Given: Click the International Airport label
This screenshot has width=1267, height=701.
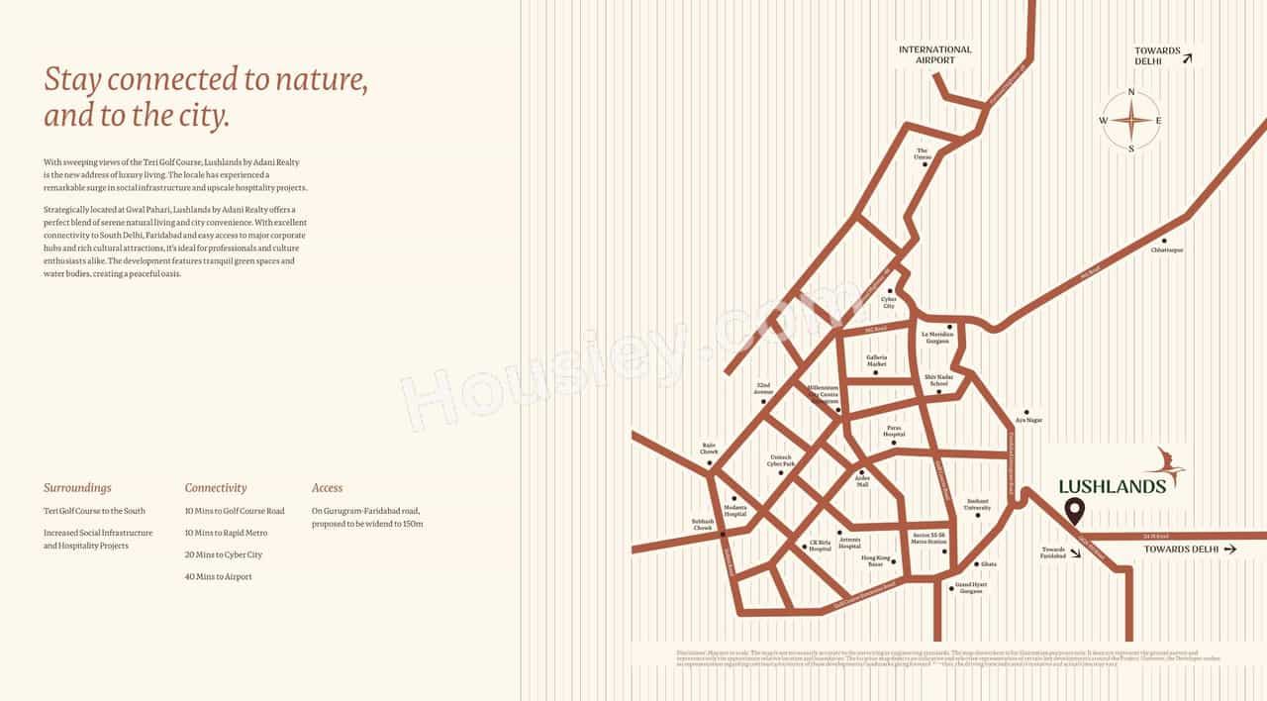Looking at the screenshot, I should [x=934, y=54].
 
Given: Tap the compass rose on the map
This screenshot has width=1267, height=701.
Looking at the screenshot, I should [x=1131, y=121].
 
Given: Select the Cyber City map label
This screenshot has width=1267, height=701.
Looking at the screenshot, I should [x=888, y=302].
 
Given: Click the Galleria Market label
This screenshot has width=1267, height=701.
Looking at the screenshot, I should [x=876, y=360].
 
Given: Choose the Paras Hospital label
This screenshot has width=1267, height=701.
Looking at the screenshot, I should [x=894, y=433].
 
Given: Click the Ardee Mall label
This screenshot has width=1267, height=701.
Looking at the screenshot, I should [x=862, y=481].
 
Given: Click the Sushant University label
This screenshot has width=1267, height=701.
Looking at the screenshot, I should [x=977, y=505].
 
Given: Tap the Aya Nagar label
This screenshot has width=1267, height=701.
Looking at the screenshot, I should [x=1029, y=420].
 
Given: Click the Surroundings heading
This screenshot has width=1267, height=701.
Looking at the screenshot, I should [x=77, y=488].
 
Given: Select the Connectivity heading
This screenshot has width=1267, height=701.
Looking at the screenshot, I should [x=216, y=488].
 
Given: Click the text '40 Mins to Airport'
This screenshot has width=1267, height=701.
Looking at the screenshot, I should [x=218, y=576].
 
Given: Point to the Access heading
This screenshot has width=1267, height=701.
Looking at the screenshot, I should [x=327, y=488].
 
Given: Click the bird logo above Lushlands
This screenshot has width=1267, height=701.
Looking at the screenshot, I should [x=1166, y=465].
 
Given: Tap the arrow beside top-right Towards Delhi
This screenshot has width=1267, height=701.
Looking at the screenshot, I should [x=1187, y=58].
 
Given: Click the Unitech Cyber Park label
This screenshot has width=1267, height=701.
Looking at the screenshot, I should [x=781, y=462].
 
